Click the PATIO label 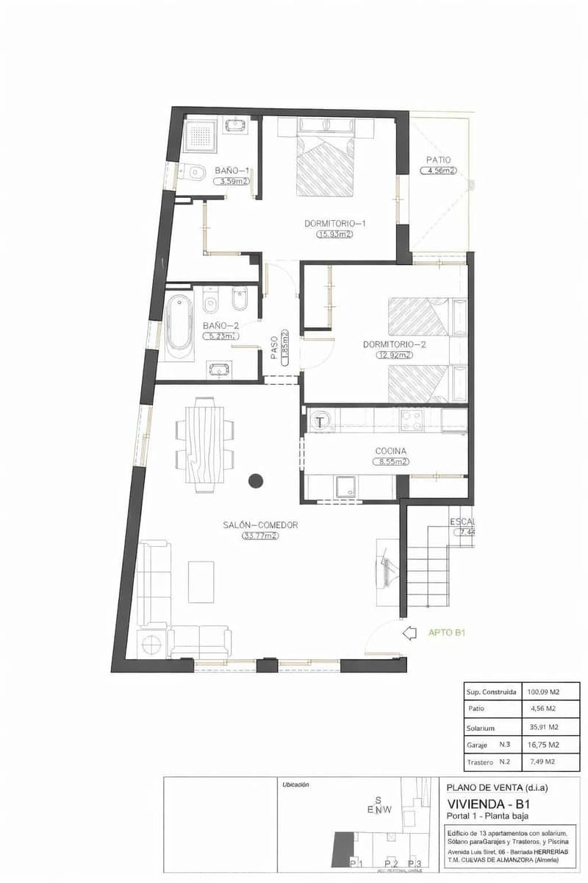(x=438, y=159)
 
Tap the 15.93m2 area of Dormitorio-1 (x=334, y=235)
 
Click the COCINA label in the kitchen (x=391, y=451)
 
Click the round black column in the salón (x=255, y=480)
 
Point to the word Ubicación (x=295, y=784)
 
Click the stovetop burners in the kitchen (x=411, y=420)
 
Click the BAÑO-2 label (x=221, y=325)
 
